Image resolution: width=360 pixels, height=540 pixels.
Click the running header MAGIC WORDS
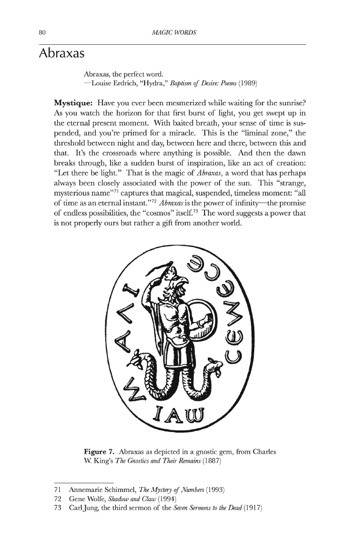click(174, 33)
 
